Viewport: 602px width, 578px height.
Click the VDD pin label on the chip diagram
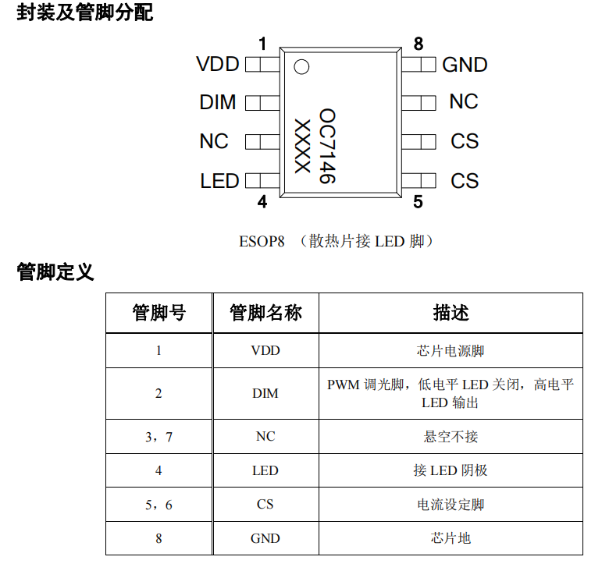(x=217, y=64)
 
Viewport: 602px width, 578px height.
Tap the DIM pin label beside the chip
(x=217, y=102)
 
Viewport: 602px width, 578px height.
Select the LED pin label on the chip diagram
(x=219, y=181)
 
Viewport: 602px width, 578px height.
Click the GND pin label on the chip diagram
(x=465, y=65)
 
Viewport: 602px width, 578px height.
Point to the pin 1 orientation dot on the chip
(x=301, y=66)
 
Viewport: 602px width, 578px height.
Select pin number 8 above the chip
(x=419, y=44)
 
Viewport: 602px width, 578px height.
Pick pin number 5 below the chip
(x=419, y=202)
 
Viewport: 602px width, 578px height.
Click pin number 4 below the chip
(x=262, y=202)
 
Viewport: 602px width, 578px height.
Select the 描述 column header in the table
(x=451, y=313)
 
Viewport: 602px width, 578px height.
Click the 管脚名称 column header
(x=265, y=313)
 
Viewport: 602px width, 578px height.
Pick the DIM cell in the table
(x=265, y=393)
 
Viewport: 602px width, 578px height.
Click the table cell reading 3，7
(x=159, y=437)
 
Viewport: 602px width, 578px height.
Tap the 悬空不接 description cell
(x=451, y=437)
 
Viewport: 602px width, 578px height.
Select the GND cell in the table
(x=265, y=538)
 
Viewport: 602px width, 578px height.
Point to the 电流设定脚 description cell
(x=451, y=505)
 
